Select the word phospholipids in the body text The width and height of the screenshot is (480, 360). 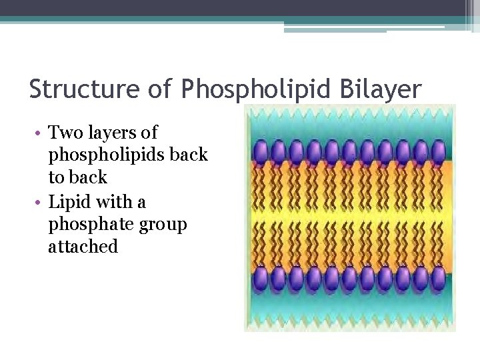click(107, 155)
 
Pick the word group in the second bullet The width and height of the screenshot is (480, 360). click(163, 224)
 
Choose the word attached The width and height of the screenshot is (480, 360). click(83, 247)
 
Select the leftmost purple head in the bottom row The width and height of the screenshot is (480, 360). click(260, 277)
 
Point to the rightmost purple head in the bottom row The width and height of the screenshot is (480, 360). click(438, 277)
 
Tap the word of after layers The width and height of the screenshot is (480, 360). click(149, 133)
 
